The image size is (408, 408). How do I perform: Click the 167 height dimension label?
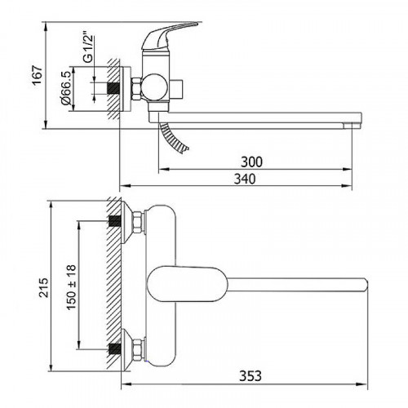click(38, 75)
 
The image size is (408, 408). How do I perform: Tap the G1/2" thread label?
click(88, 49)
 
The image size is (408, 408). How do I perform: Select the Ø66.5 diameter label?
click(66, 88)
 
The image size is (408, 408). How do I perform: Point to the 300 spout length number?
click(251, 162)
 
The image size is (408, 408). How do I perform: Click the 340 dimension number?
click(245, 179)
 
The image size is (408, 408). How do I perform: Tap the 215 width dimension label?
click(43, 287)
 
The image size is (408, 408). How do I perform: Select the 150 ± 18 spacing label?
click(71, 287)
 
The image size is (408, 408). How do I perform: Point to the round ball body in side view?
click(154, 87)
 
